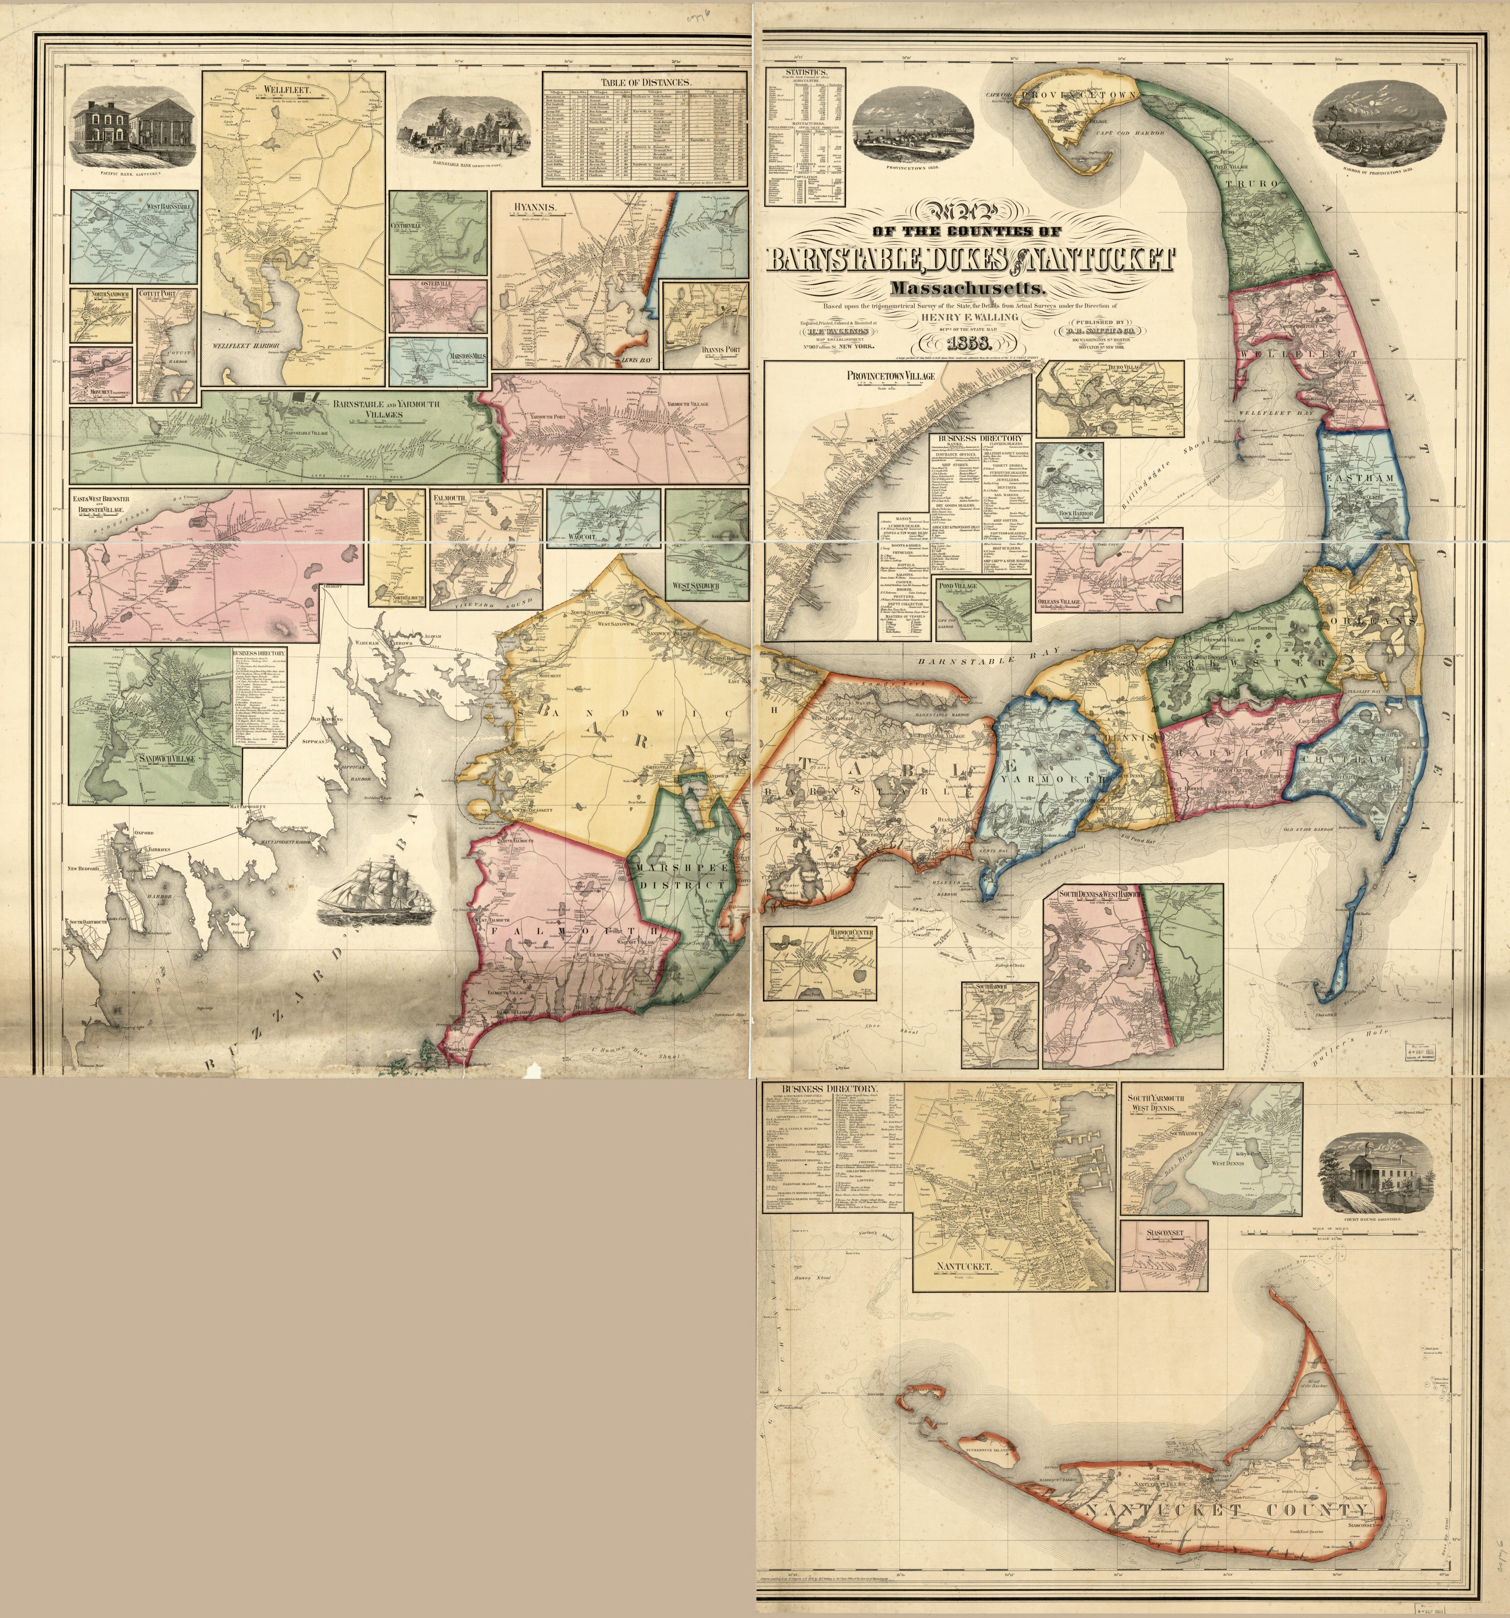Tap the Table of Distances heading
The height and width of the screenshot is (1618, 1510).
(646, 82)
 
